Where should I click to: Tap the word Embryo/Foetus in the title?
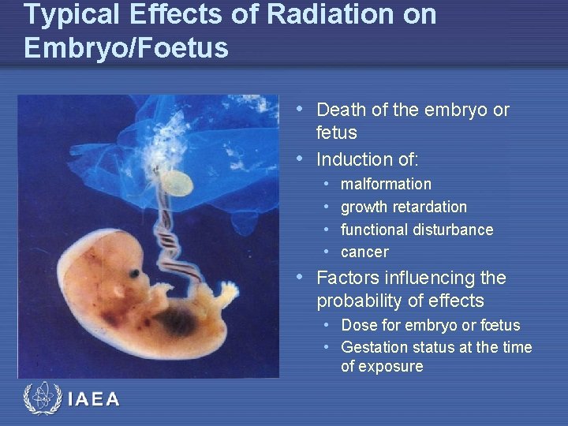point(126,47)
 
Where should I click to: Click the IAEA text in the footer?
point(94,399)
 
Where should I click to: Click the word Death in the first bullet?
point(340,110)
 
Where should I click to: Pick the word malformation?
point(386,184)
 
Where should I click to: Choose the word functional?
point(375,230)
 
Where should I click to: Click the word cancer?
point(364,252)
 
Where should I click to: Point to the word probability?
point(362,301)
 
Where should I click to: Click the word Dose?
point(359,325)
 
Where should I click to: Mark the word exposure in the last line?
point(392,367)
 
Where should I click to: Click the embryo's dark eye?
point(136,275)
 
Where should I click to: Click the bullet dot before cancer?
point(327,252)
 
